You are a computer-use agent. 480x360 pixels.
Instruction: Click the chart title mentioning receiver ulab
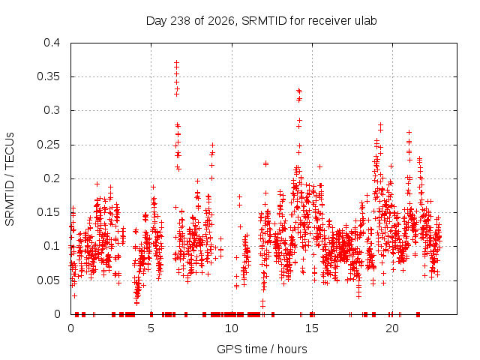point(261,21)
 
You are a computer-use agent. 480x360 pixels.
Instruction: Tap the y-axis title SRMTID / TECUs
point(10,179)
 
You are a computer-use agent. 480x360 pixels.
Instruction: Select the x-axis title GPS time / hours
point(262,349)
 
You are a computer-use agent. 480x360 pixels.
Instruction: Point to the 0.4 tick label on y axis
point(52,43)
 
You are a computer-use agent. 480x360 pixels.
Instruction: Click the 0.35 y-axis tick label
point(48,76)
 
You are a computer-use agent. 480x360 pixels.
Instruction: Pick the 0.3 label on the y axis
point(52,110)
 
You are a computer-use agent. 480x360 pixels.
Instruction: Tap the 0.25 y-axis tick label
point(48,145)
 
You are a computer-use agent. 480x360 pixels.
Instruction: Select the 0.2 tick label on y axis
point(52,178)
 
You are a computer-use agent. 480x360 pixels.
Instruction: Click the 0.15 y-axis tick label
point(48,212)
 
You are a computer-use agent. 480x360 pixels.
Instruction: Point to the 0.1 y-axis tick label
point(52,246)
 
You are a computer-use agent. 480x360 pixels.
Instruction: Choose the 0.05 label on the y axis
point(48,280)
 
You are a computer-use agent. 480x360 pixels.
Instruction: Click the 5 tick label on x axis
point(151,328)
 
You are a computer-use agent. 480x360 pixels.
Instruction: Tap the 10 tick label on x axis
point(232,328)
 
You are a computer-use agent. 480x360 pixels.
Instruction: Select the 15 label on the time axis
point(312,328)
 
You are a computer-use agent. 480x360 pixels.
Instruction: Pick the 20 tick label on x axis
point(392,328)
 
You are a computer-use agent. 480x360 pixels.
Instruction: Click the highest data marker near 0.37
point(177,63)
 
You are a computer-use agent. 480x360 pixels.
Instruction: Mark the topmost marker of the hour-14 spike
point(299,91)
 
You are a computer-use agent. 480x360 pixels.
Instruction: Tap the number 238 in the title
point(181,21)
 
